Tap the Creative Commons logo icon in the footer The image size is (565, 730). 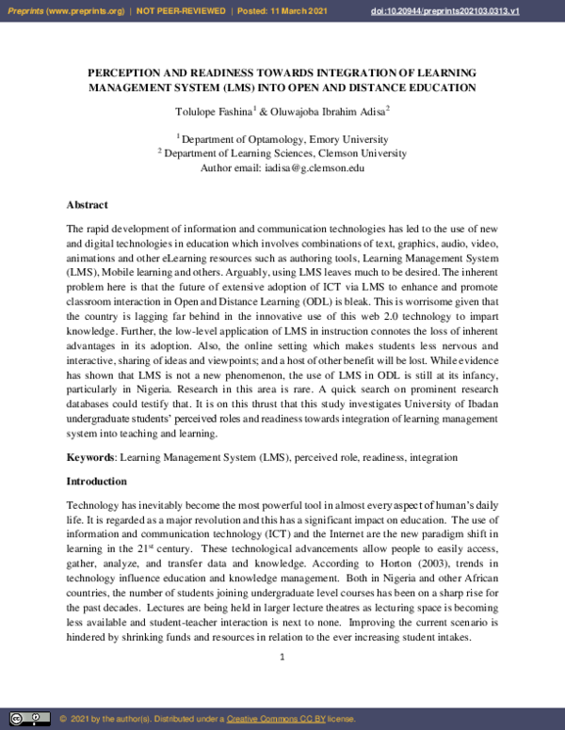pos(30,719)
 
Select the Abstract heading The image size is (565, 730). pos(87,204)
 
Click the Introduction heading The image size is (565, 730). pos(95,481)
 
